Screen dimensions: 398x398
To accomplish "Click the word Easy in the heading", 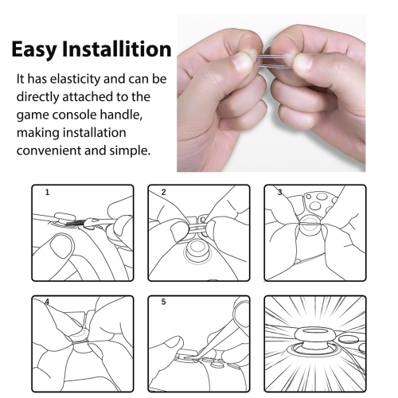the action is coord(34,49).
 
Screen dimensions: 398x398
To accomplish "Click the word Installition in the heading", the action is coord(117,49).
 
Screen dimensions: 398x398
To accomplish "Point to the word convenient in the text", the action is coord(49,150).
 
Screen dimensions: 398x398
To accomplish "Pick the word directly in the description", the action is coord(38,97).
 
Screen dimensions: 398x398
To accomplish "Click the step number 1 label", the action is coord(47,192).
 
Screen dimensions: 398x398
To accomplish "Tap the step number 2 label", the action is coord(163,192).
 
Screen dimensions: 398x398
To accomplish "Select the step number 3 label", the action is coord(279,192).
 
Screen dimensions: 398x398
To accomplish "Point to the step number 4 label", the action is coord(47,302).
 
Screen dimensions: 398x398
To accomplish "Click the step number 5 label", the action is coord(163,302).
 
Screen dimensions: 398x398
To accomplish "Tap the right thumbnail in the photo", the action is coord(304,63).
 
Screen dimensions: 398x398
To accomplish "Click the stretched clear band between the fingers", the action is coord(273,60).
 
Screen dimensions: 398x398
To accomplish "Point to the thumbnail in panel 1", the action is coord(61,245).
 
